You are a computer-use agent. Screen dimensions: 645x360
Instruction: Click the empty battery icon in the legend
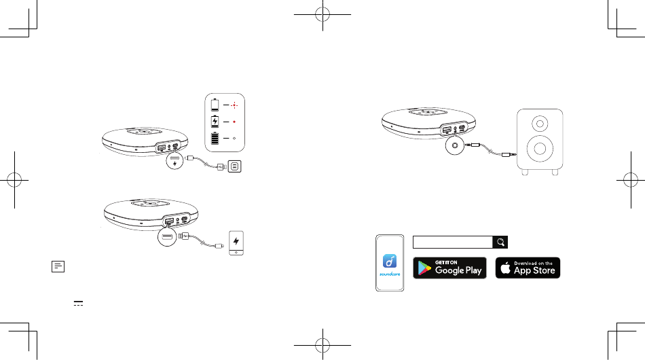[216, 105]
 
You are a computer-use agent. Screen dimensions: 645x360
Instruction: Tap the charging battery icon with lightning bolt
[216, 122]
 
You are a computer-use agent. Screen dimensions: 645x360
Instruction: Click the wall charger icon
[235, 166]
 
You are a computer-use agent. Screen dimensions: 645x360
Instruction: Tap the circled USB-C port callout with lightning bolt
[174, 164]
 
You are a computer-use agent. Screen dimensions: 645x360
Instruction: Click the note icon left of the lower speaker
[57, 267]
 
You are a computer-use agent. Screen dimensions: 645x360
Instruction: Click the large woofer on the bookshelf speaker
[539, 149]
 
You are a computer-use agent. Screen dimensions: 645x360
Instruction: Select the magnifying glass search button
[500, 242]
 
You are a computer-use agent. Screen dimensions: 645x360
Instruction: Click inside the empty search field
[452, 242]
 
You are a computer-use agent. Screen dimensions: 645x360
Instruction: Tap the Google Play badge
[449, 268]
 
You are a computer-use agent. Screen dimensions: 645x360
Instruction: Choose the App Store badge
[528, 268]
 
